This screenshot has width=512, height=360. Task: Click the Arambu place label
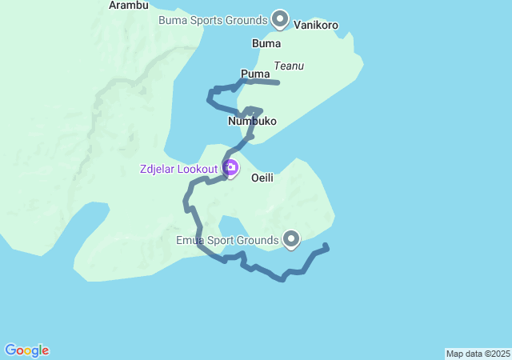click(x=129, y=6)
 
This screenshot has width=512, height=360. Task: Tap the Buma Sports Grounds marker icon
click(x=280, y=18)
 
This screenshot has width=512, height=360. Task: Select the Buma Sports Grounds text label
click(x=213, y=19)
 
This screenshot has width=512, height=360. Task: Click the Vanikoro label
click(x=316, y=26)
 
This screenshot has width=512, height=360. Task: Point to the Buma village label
click(x=266, y=43)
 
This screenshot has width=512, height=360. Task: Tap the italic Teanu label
click(x=288, y=66)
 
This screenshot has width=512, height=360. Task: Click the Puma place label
click(x=255, y=74)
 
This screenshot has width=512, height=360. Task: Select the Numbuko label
click(x=252, y=122)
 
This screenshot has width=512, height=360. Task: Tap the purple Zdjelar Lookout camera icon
click(x=230, y=168)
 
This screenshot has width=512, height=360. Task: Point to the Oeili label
click(x=262, y=178)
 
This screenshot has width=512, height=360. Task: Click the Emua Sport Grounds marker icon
click(x=291, y=238)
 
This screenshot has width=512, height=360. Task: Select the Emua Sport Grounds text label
click(x=227, y=239)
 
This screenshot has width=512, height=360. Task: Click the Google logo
click(x=26, y=350)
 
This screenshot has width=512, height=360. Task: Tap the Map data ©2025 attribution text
click(x=478, y=354)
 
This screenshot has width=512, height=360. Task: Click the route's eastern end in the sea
click(x=326, y=246)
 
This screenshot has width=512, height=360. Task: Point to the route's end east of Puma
click(x=277, y=82)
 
